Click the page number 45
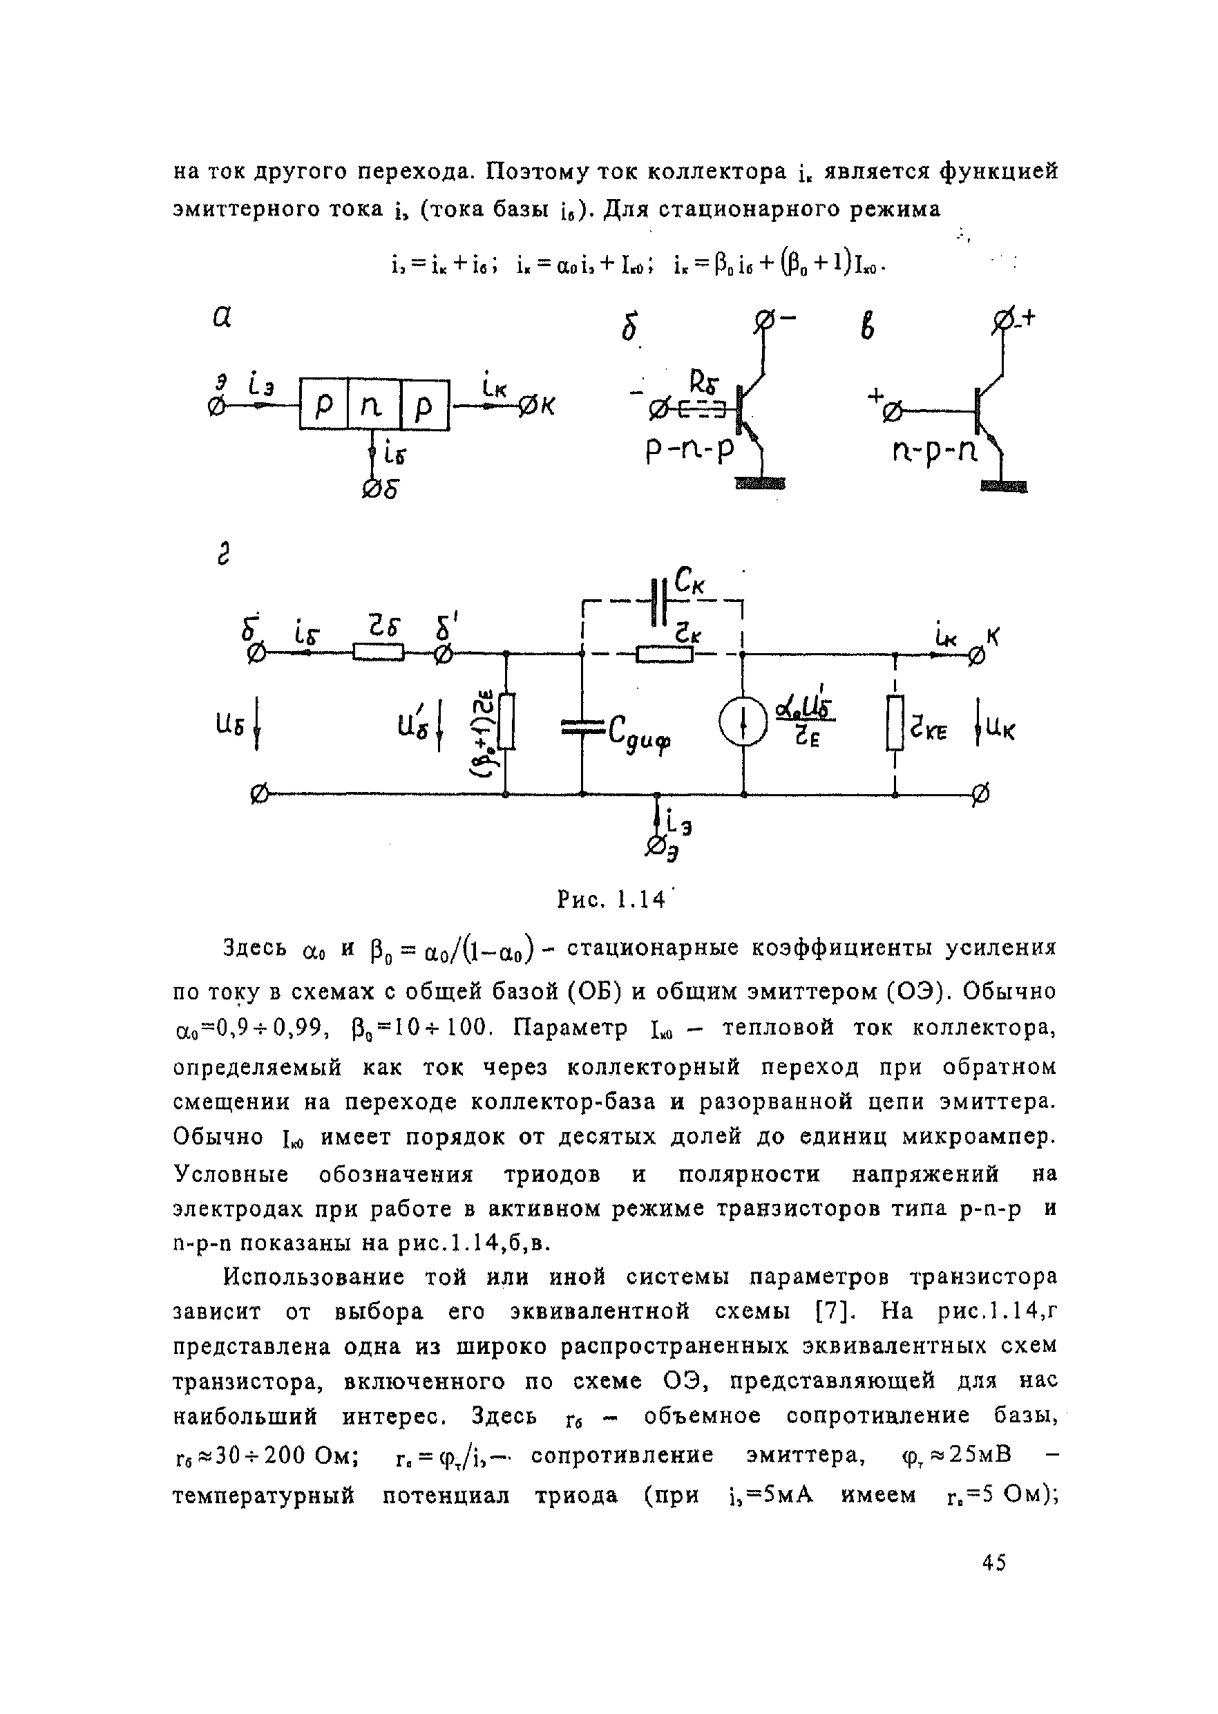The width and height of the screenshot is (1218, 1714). pos(993,1563)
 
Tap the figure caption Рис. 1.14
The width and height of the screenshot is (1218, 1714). pos(611,899)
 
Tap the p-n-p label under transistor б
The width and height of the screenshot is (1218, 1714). pos(692,451)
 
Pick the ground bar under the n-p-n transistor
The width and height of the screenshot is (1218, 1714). pos(1005,487)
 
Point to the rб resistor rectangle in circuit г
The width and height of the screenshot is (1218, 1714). pos(379,654)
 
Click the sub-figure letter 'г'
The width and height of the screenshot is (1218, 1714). pos(222,556)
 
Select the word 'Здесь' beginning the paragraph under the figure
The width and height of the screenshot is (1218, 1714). pos(255,948)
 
